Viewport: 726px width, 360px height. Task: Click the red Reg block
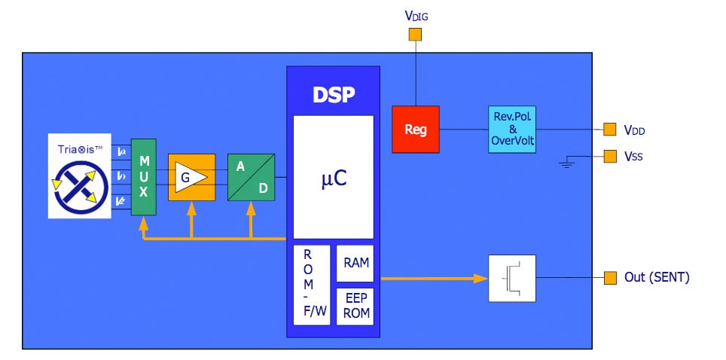point(415,130)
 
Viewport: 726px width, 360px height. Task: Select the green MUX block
point(143,177)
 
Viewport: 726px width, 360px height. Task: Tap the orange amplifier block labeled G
point(191,177)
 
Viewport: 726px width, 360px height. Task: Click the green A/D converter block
point(251,177)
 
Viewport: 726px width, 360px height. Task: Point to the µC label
point(333,179)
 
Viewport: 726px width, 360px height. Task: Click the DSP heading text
point(333,95)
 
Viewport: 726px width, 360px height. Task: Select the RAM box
point(355,263)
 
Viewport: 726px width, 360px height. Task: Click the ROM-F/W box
point(311,285)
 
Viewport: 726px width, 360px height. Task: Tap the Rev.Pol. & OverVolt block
point(511,130)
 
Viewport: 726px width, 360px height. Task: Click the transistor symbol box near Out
point(511,279)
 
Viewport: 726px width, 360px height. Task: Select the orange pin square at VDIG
point(414,35)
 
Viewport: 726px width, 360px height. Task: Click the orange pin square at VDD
point(609,130)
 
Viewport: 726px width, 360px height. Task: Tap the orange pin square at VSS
point(609,157)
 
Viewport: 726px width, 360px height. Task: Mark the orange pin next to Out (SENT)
point(609,279)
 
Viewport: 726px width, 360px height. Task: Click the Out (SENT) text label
point(656,278)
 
